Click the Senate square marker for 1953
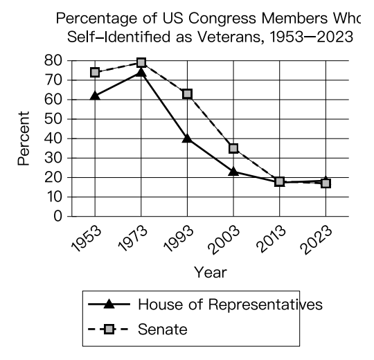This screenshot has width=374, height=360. pos(95,72)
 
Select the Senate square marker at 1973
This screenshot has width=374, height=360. pos(141,62)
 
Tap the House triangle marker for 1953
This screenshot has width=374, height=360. pos(95,96)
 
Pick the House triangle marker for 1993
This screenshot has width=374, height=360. pos(187,138)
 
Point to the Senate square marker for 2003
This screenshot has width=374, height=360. pos(233,148)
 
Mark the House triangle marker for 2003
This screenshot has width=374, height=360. pos(233,172)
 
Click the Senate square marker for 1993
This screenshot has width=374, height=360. pos(188,94)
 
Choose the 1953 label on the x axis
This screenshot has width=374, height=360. pos(87,239)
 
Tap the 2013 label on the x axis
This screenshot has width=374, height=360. pos(271,239)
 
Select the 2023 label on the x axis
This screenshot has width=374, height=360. pos(317,240)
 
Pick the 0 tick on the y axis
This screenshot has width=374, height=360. pos(57,217)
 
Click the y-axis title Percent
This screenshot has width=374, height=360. pos(24,138)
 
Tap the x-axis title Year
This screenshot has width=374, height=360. pos(211,273)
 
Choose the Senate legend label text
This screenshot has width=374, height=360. pos(163,330)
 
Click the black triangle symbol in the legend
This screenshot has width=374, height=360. pos(109,304)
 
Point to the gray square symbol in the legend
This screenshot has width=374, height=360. pos(109,330)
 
